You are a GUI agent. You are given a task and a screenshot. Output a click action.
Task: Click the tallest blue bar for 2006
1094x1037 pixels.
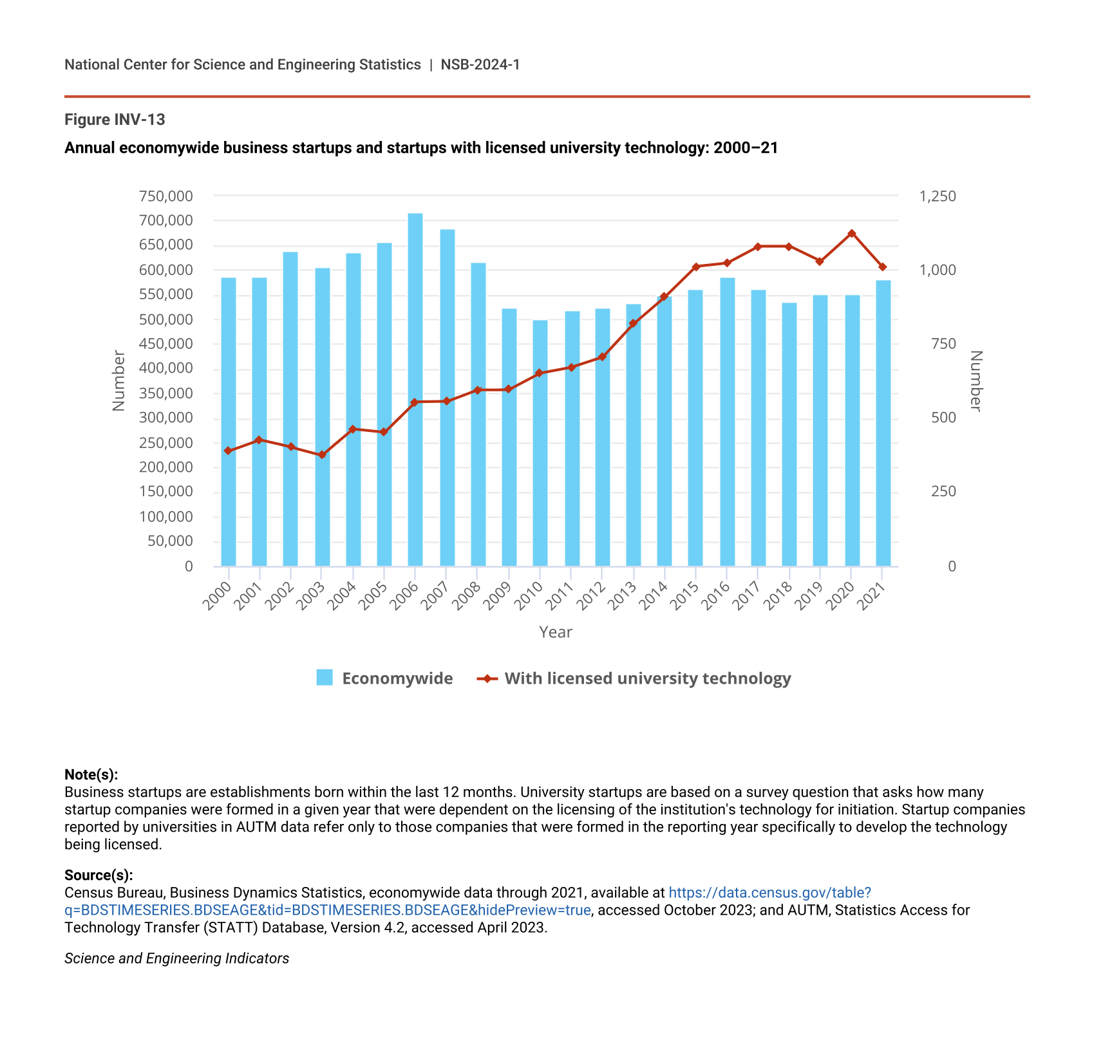click(415, 389)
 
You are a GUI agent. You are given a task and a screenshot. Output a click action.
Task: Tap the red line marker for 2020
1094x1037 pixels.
click(851, 234)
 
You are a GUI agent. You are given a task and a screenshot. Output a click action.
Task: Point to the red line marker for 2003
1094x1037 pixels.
click(322, 455)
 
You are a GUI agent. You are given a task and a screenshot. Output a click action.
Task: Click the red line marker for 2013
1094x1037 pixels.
click(633, 323)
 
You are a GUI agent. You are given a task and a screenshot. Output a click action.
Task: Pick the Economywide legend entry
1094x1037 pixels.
click(384, 678)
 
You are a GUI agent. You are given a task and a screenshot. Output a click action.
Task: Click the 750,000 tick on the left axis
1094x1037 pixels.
click(165, 196)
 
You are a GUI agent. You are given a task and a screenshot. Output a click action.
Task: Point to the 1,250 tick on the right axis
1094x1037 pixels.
click(938, 196)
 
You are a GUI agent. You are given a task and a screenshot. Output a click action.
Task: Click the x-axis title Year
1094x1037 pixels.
click(556, 632)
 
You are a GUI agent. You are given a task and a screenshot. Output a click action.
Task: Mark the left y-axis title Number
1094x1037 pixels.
click(118, 380)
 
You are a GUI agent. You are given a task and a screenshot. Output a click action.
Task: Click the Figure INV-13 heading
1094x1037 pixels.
click(115, 120)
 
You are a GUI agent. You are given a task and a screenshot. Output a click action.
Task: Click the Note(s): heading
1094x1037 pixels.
click(91, 774)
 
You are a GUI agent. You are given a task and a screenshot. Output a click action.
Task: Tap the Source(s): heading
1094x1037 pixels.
click(99, 875)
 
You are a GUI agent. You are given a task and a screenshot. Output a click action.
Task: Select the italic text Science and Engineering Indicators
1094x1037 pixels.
click(176, 958)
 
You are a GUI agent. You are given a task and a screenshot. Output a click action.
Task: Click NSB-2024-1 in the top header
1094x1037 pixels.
click(480, 64)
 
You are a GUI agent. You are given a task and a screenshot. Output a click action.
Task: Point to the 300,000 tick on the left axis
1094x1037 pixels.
click(165, 418)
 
